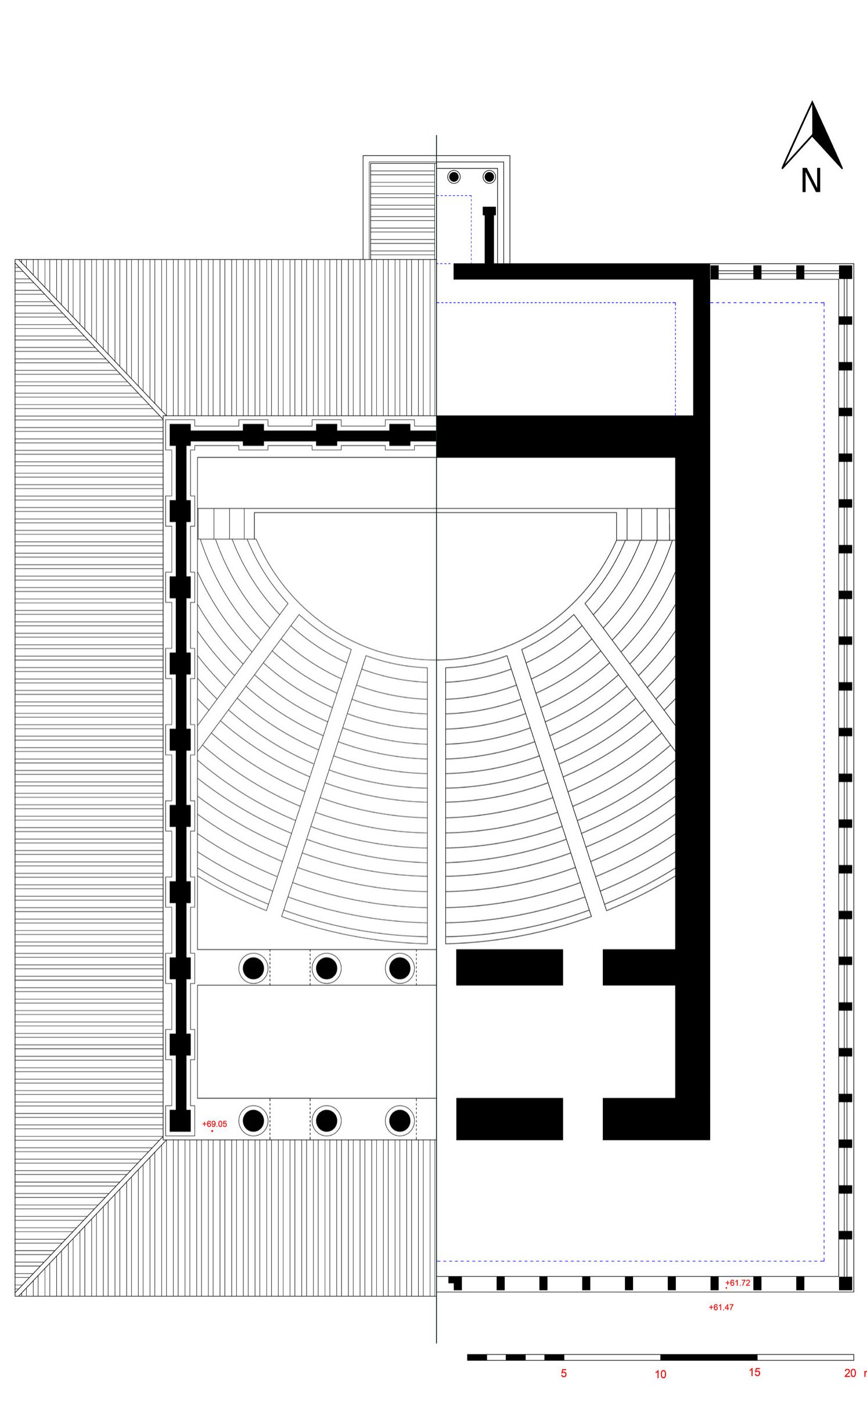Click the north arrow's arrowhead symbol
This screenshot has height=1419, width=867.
[812, 135]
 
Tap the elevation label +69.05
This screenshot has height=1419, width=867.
[214, 1123]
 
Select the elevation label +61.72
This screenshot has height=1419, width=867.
[738, 1283]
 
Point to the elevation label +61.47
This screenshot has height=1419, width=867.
[721, 1307]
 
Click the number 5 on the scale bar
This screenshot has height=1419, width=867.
[563, 1373]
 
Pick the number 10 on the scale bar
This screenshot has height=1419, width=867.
[660, 1374]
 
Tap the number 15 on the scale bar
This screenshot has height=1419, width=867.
[754, 1372]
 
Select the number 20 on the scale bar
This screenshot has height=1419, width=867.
[850, 1373]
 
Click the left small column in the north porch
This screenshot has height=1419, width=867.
[454, 177]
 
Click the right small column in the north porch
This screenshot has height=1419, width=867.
[489, 177]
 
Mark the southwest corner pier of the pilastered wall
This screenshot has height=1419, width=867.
[180, 1120]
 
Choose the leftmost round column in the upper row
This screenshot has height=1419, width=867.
[253, 968]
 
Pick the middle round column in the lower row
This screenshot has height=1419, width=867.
[326, 1120]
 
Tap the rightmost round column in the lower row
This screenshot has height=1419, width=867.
[400, 1120]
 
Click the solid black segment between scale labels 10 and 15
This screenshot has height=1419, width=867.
[708, 1357]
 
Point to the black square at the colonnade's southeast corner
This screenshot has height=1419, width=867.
[846, 1283]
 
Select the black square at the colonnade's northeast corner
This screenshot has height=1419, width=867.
[846, 272]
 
